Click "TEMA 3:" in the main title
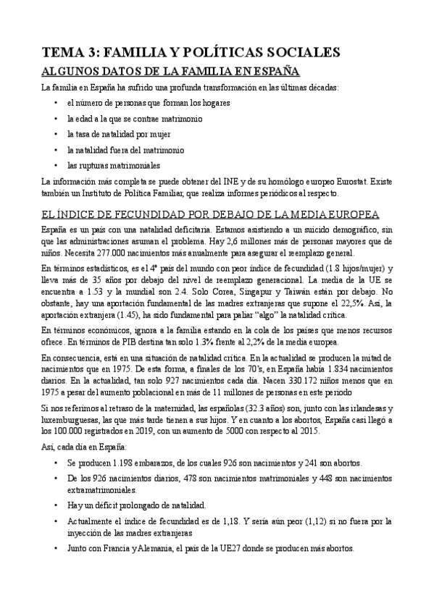point(70,52)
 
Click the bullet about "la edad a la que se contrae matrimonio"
point(134,118)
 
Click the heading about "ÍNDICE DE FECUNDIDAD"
point(209,214)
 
